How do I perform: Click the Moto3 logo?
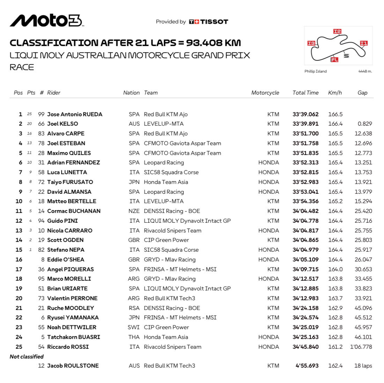(47, 21)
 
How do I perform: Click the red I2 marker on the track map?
(337, 31)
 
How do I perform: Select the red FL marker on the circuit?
(334, 60)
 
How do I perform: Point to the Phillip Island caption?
(315, 71)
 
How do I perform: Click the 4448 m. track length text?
(365, 71)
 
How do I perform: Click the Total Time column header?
(305, 93)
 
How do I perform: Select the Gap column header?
(362, 93)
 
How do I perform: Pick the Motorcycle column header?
(265, 93)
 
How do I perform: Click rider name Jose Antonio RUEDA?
(75, 114)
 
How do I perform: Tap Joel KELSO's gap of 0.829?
(365, 124)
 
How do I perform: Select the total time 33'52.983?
(305, 182)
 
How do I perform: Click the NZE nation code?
(134, 211)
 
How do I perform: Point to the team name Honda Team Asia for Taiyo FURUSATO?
(166, 182)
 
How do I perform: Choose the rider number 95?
(41, 279)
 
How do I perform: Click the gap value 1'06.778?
(361, 347)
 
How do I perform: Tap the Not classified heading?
(27, 356)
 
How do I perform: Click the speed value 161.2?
(335, 347)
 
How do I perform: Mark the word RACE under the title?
(22, 67)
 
